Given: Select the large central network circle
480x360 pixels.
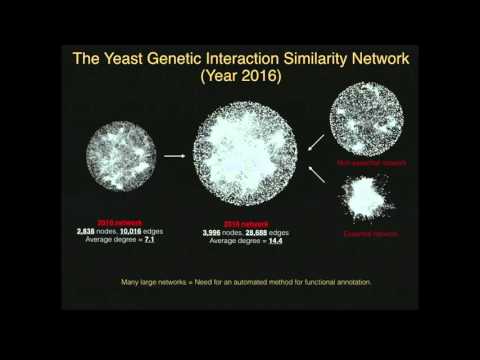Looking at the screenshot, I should [245, 155].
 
